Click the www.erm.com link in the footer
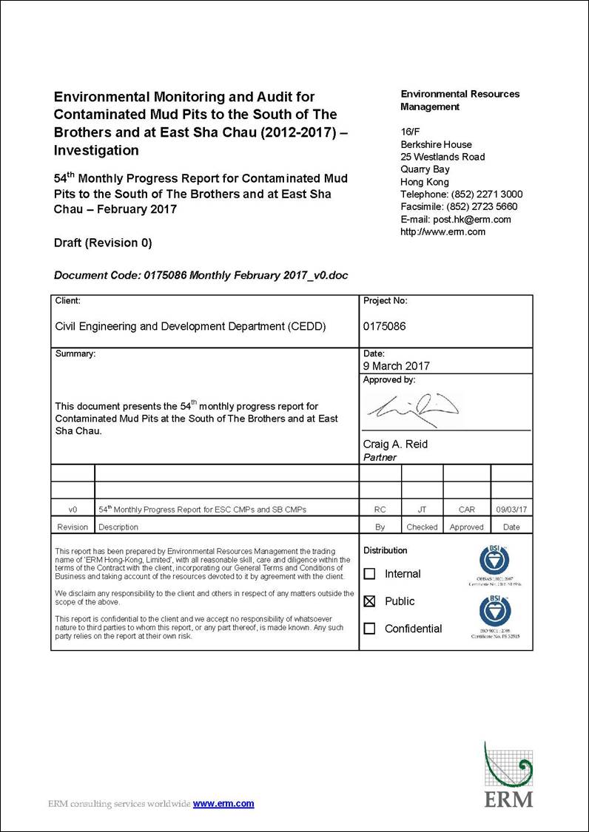(223, 804)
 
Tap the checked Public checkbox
(369, 601)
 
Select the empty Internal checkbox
(369, 574)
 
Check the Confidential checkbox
(369, 629)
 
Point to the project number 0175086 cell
(385, 326)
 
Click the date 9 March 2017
(396, 366)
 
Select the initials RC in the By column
(380, 510)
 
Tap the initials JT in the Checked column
(422, 510)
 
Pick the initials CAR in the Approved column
(467, 510)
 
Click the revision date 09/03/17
(511, 510)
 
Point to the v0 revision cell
(73, 510)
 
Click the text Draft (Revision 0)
(103, 243)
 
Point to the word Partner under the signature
(380, 457)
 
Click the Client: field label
(68, 301)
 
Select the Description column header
(118, 527)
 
